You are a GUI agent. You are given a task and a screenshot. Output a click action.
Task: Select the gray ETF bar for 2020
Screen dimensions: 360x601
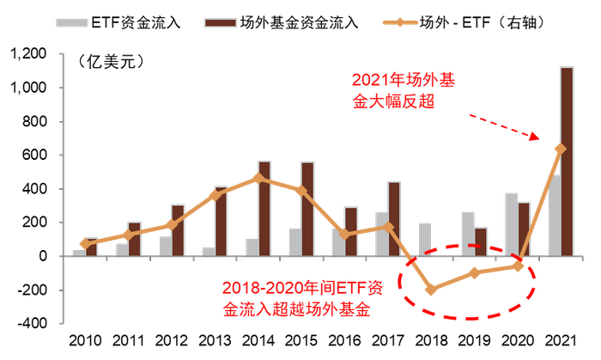[x=511, y=225]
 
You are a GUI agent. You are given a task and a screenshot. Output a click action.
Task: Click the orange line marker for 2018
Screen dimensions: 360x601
[x=430, y=290]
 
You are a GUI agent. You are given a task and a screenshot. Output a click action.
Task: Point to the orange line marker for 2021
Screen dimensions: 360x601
[x=561, y=149]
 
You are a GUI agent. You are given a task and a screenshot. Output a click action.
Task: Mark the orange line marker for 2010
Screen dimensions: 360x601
[x=85, y=244]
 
